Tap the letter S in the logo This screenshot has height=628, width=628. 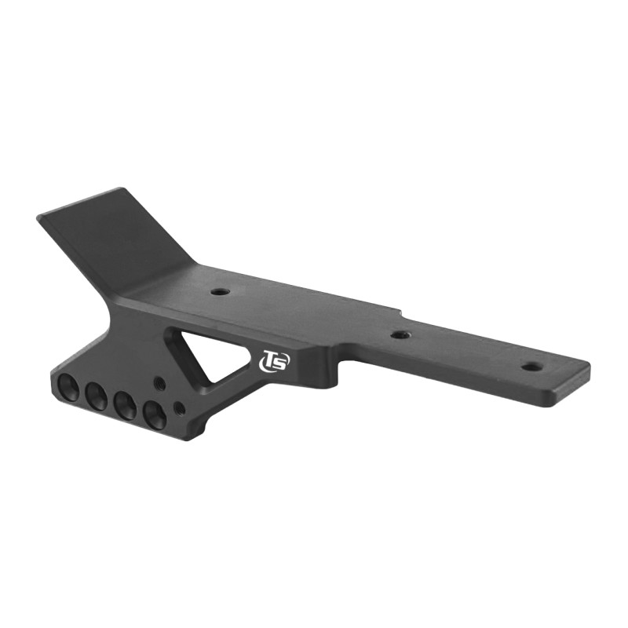click(281, 362)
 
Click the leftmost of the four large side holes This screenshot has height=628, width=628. click(68, 387)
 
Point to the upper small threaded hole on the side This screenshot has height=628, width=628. click(159, 384)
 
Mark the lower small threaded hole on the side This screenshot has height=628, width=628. click(179, 408)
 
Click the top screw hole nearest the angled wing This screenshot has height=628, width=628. click(220, 291)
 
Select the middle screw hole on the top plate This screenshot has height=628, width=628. click(401, 334)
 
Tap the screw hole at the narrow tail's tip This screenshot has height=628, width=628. click(531, 367)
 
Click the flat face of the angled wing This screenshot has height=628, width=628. click(118, 235)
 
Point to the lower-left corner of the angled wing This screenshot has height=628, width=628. click(41, 217)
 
